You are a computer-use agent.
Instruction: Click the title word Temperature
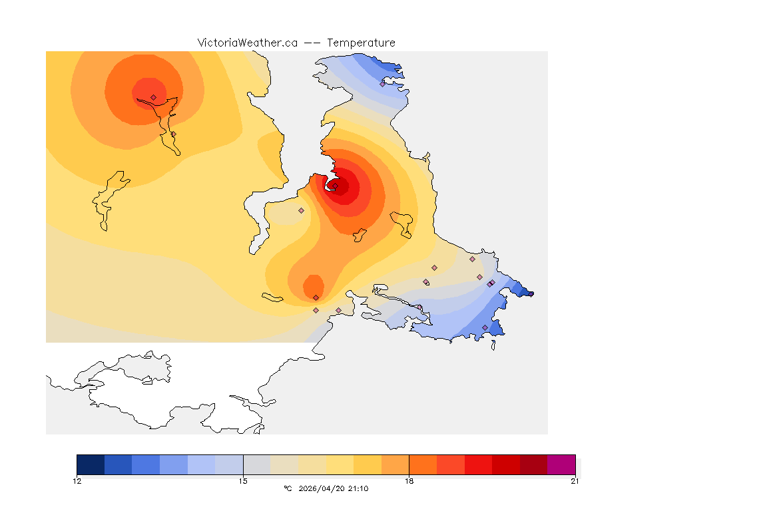[x=361, y=43]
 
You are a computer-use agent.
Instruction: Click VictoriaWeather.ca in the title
[x=247, y=43]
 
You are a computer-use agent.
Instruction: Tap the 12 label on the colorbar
[x=77, y=481]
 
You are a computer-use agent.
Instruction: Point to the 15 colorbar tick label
[x=243, y=481]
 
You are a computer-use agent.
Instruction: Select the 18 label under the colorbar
[x=409, y=481]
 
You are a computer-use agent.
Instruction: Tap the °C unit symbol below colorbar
[x=288, y=489]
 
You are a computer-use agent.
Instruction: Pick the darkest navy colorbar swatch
[x=91, y=464]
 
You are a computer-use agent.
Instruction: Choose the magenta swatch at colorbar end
[x=561, y=464]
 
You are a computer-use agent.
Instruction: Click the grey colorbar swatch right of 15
[x=256, y=464]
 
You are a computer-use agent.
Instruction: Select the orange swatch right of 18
[x=422, y=464]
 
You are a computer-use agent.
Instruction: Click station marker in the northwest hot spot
[x=153, y=97]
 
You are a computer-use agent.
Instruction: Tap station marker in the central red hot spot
[x=336, y=186]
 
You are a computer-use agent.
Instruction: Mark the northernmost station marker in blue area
[x=383, y=84]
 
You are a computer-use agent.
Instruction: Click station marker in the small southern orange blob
[x=316, y=297]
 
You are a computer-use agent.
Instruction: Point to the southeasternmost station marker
[x=485, y=327]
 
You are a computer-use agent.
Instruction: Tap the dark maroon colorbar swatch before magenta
[x=533, y=464]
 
